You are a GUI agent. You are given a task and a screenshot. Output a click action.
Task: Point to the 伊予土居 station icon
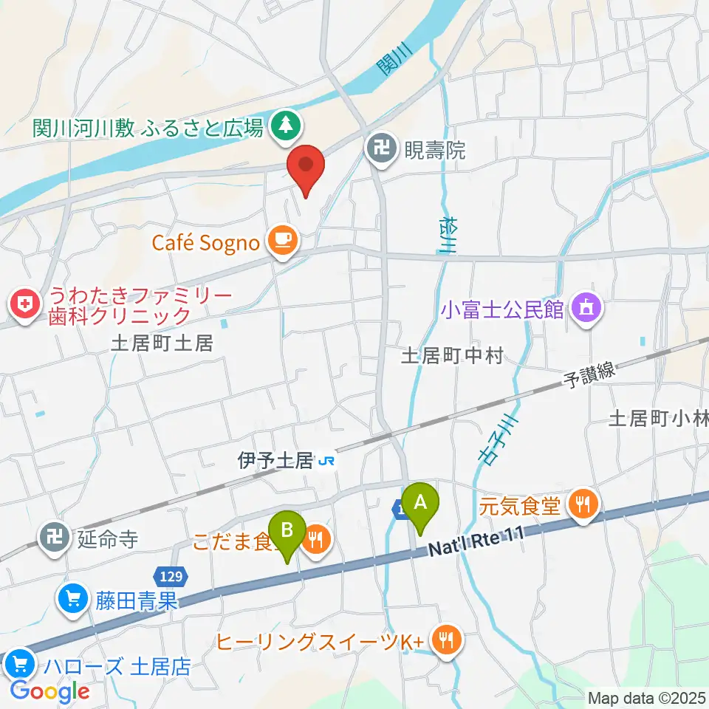coord(327,462)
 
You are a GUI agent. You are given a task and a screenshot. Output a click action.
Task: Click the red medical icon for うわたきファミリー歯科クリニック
coord(24,305)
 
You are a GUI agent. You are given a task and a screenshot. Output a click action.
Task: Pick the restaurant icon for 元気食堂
coord(583,506)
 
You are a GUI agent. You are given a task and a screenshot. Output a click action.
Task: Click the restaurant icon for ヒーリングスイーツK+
coord(446,641)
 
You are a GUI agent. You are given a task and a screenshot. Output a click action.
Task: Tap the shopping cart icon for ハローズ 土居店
coord(17,664)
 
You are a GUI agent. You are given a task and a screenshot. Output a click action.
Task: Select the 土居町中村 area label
coord(451,356)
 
